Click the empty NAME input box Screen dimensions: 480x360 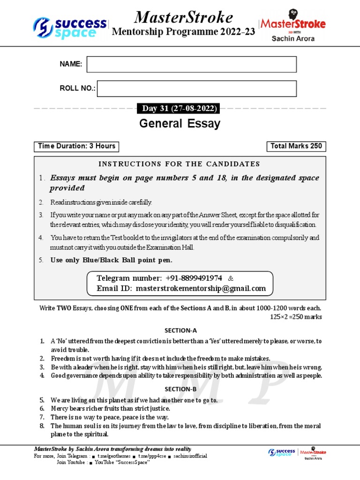pos(191,65)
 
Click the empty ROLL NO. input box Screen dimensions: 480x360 pos(196,89)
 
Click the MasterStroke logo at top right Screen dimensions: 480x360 pos(293,27)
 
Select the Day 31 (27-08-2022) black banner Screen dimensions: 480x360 pos(180,109)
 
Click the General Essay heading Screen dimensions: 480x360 pos(180,124)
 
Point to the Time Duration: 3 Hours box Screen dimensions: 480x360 pos(77,146)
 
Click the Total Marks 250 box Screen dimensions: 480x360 pos(296,146)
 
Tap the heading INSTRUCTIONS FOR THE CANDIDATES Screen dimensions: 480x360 pos(179,164)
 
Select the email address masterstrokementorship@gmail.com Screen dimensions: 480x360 pos(201,288)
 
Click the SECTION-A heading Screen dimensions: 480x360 pos(180,330)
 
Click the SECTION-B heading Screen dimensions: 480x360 pos(180,389)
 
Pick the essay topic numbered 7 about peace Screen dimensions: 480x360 pos(110,417)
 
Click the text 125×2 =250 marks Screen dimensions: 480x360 pos(296,317)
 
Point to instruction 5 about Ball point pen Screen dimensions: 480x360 pos(112,260)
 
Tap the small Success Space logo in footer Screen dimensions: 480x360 pos(282,452)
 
